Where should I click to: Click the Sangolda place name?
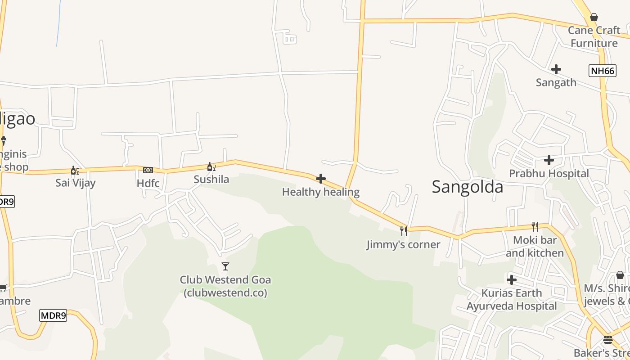click(468, 187)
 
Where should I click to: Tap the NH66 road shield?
click(602, 71)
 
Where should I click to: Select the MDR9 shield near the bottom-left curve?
click(53, 315)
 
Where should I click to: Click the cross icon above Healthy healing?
click(321, 179)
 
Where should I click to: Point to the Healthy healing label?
click(321, 192)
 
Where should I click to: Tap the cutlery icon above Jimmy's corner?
click(404, 231)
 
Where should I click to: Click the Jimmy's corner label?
click(403, 244)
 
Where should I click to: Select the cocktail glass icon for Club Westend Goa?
click(225, 266)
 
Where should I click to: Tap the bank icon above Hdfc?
click(148, 170)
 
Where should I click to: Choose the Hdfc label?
click(148, 183)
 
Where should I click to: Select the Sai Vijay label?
click(75, 183)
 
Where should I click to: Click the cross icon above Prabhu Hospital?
click(549, 160)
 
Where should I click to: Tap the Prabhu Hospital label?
click(549, 173)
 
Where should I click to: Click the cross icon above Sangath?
click(556, 69)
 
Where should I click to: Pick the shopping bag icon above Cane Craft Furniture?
click(594, 18)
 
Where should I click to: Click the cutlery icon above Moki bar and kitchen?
click(535, 226)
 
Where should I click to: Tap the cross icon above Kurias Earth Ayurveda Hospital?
click(512, 280)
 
